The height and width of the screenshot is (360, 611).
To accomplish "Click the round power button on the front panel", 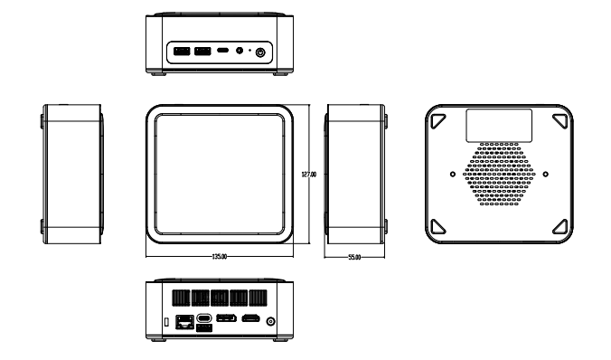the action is (x=260, y=52).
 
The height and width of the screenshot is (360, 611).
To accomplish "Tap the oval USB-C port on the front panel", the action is (x=222, y=51).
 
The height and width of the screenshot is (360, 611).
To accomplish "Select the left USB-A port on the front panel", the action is (x=182, y=51).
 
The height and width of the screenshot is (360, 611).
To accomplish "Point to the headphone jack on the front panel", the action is (x=240, y=51).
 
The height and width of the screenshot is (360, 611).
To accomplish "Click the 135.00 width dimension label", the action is (x=220, y=257).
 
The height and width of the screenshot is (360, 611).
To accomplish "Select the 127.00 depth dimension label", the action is (x=309, y=175).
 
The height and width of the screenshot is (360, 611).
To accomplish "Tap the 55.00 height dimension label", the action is (x=354, y=257).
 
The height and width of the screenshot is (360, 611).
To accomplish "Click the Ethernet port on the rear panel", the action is (x=184, y=322).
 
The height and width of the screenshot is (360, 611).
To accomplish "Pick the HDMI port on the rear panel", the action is (x=250, y=318).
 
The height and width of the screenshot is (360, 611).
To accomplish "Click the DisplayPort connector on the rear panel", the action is (x=226, y=318).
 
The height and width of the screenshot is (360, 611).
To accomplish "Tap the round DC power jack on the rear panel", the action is (x=270, y=321).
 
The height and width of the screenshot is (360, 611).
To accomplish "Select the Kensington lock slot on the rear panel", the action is (x=166, y=322).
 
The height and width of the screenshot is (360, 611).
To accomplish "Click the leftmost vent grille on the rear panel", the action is (x=181, y=298).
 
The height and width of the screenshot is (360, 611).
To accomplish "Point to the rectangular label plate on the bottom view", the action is (x=499, y=125).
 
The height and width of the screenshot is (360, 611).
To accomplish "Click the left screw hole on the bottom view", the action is (x=453, y=174).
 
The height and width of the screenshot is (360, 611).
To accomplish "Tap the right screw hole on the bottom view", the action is (x=546, y=174).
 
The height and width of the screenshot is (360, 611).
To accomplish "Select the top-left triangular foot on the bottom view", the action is (x=437, y=120).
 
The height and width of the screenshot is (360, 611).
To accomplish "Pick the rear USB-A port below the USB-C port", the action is (x=204, y=327).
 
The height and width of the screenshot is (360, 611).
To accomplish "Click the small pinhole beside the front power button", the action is (x=249, y=51).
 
